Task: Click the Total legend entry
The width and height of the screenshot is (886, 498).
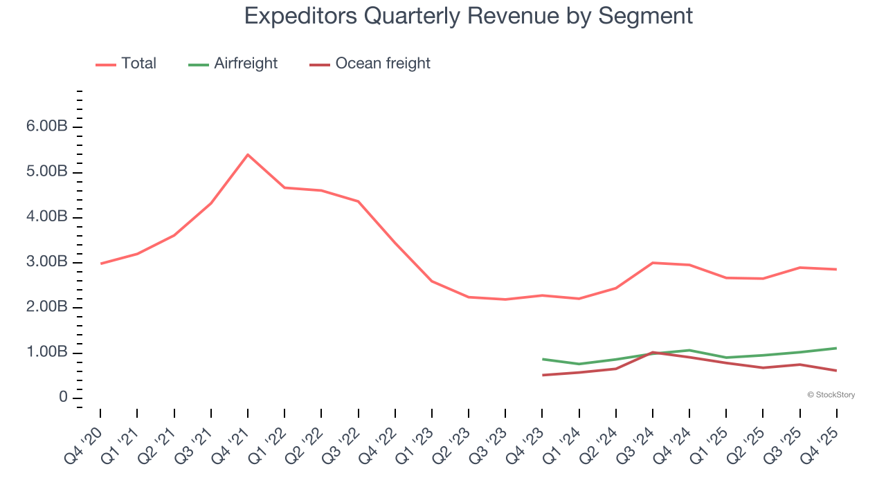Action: (x=138, y=64)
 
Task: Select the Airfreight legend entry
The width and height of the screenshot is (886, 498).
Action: (x=246, y=64)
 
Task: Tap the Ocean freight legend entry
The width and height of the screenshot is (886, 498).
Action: (x=382, y=64)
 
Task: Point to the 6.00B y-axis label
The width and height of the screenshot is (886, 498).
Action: (x=47, y=127)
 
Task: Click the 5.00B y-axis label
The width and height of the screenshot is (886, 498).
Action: (x=47, y=172)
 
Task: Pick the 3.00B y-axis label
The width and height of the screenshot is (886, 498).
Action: (x=47, y=263)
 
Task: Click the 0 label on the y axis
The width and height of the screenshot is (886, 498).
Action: (x=63, y=398)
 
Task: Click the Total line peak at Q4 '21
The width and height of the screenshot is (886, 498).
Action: (x=248, y=154)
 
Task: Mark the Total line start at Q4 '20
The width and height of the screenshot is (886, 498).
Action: (x=101, y=264)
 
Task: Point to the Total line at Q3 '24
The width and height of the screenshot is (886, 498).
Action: (x=653, y=263)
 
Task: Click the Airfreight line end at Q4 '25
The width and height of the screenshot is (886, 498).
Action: (x=836, y=348)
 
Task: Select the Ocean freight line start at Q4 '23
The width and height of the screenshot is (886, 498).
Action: (x=543, y=375)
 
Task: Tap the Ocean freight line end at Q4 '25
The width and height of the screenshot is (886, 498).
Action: (x=836, y=371)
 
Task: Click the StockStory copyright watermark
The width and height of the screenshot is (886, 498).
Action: (x=831, y=395)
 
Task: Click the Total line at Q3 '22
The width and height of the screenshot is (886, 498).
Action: (x=358, y=201)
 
